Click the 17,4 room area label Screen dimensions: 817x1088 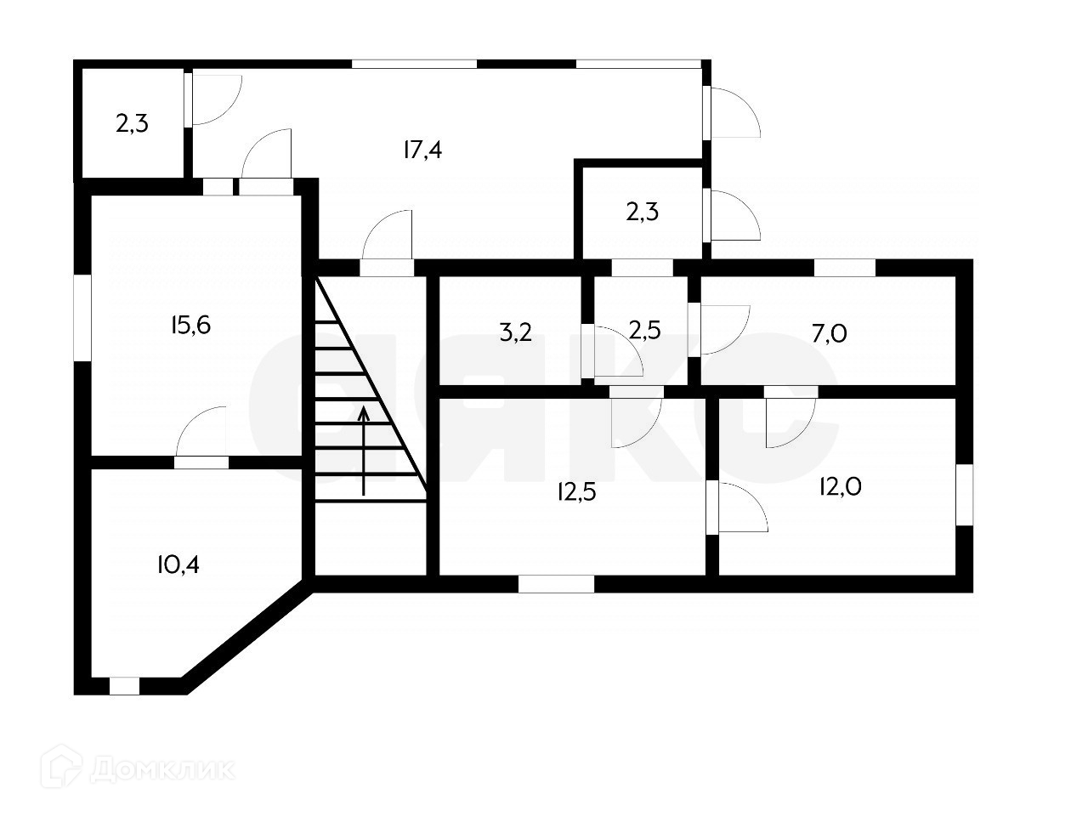pyautogui.click(x=423, y=150)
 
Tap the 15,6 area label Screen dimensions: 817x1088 pyautogui.click(x=190, y=325)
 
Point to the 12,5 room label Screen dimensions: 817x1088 pyautogui.click(x=577, y=491)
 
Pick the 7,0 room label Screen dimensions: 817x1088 pyautogui.click(x=829, y=333)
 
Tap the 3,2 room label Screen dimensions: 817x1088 pyautogui.click(x=515, y=332)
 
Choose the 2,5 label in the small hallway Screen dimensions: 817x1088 pyautogui.click(x=643, y=329)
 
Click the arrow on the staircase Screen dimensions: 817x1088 pyautogui.click(x=364, y=451)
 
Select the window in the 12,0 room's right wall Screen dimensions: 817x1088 pyautogui.click(x=964, y=494)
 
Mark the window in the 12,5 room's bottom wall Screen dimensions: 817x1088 pyautogui.click(x=556, y=584)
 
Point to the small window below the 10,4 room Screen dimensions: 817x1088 pyautogui.click(x=125, y=685)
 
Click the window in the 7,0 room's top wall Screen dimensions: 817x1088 pyautogui.click(x=844, y=267)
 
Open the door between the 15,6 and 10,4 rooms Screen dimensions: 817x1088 pyautogui.click(x=202, y=462)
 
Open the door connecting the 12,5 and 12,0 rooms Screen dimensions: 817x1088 pyautogui.click(x=712, y=508)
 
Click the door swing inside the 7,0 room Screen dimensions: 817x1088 pyautogui.click(x=721, y=329)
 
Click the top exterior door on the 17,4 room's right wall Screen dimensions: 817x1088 pyautogui.click(x=732, y=111)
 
